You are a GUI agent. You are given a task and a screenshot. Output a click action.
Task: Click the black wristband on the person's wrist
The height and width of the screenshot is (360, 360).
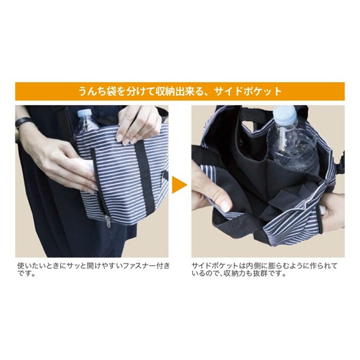click(22, 124)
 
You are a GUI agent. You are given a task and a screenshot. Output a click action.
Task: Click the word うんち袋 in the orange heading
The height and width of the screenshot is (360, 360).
click(99, 92)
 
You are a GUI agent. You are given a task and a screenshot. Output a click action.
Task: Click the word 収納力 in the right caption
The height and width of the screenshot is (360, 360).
click(248, 274)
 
